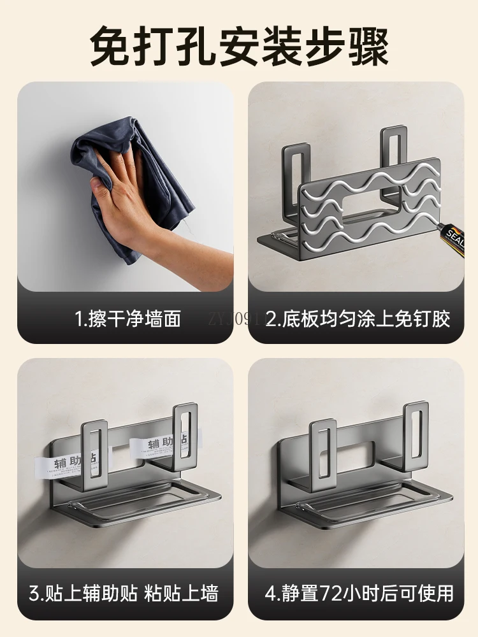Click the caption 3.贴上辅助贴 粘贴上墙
click(125, 594)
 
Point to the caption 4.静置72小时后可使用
click(359, 594)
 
